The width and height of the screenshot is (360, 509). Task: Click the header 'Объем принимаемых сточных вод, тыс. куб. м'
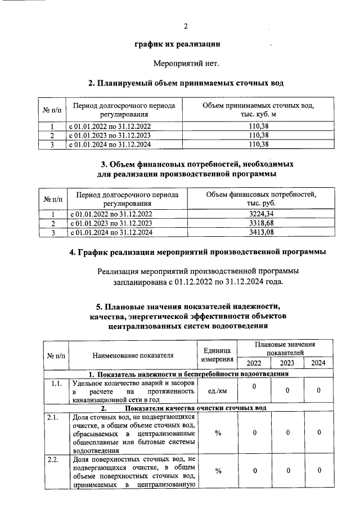pos(259,110)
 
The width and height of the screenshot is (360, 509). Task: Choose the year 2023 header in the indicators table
pos(287,363)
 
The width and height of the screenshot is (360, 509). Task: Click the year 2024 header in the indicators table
pos(318,363)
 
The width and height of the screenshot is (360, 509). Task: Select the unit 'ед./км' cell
pos(217,391)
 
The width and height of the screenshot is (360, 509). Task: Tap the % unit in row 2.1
pos(217,433)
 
